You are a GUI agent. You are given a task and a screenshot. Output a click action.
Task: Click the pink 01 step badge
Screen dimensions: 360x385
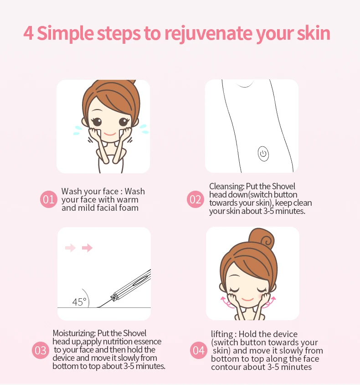coord(49,199)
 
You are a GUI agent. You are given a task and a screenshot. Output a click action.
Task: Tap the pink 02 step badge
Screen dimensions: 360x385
coord(195,199)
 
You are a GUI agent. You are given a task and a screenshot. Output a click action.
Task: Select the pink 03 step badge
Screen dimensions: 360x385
coord(41,350)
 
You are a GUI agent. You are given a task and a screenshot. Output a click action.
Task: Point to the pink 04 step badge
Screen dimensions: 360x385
coord(198,350)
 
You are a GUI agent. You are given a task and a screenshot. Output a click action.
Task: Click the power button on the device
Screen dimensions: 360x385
coord(263,154)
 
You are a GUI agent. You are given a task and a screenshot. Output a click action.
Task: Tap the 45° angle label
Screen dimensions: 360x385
coord(79,302)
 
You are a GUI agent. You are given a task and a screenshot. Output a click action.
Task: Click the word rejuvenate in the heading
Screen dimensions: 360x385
coord(208,34)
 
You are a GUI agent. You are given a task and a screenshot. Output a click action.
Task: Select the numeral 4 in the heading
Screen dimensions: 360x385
coord(28,33)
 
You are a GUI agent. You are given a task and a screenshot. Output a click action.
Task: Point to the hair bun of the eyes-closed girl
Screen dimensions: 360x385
coord(261,238)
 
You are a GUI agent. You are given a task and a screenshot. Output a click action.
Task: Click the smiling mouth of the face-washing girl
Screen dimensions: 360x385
coord(110,134)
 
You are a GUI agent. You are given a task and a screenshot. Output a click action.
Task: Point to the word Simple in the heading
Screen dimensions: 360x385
coord(65,34)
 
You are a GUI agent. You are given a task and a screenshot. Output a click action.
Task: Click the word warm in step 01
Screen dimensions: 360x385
coord(129,200)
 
